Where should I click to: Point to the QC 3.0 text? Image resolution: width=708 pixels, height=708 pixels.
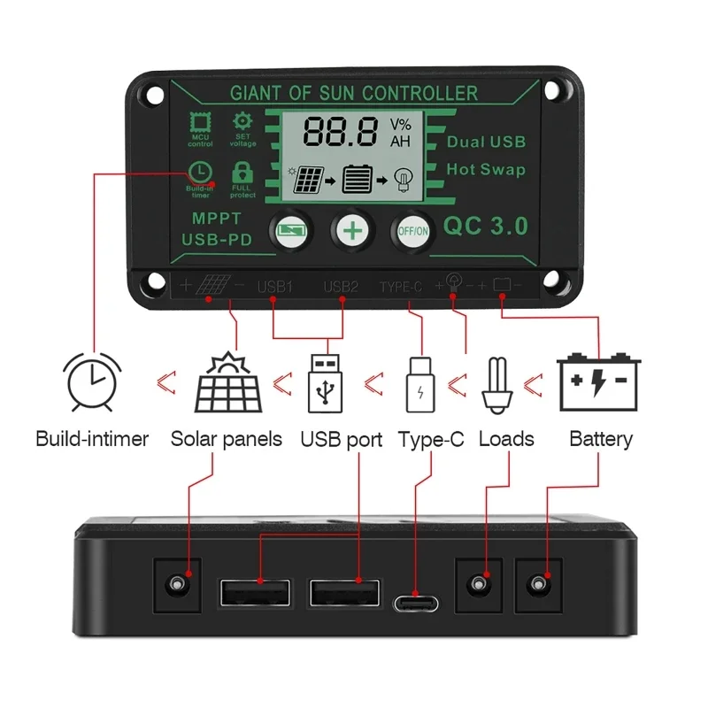click(485, 227)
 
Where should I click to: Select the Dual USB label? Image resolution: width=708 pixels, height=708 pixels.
click(486, 142)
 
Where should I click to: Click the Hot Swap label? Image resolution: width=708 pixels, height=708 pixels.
click(486, 169)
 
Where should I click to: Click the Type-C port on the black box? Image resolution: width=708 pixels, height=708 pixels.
click(415, 603)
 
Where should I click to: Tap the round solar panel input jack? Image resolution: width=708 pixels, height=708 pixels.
click(180, 583)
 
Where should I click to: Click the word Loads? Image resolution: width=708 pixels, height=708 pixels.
click(506, 439)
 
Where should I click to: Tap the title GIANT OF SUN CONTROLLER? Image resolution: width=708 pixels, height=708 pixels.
click(354, 93)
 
